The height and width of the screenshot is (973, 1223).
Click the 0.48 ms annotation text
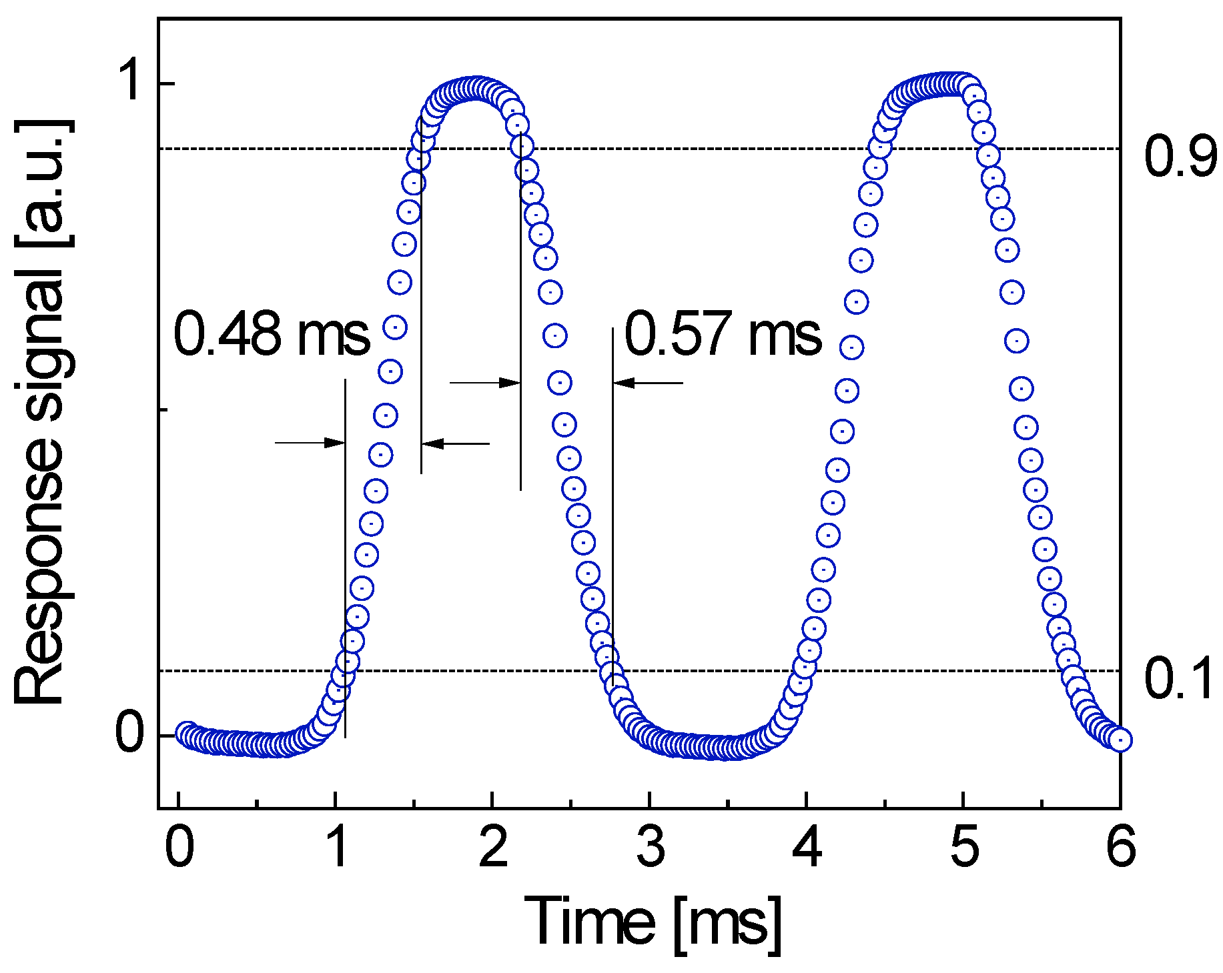[272, 334]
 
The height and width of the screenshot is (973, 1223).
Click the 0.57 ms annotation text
[723, 333]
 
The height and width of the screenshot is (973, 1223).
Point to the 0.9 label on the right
[1180, 157]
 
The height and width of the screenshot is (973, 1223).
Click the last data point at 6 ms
[1120, 740]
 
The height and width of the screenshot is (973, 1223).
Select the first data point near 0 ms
[186, 732]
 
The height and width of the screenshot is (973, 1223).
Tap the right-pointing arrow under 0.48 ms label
[310, 442]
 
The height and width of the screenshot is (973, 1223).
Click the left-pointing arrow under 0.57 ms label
[647, 383]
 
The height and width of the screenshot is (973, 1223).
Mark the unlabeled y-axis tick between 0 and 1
[164, 408]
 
